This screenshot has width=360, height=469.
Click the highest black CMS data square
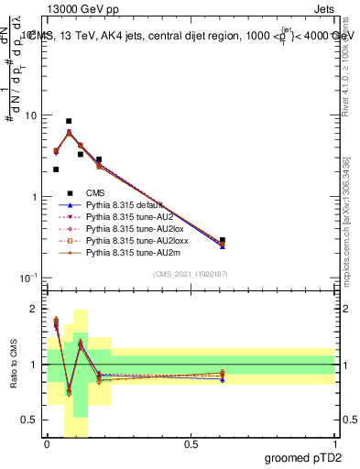69,121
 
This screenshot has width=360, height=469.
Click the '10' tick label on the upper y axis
30,116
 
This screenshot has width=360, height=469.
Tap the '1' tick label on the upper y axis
34,197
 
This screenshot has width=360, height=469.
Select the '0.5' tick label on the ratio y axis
29,420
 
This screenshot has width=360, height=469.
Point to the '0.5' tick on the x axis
191,444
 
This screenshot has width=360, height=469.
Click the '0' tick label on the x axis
47,444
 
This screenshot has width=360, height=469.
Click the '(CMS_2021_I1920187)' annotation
190,275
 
